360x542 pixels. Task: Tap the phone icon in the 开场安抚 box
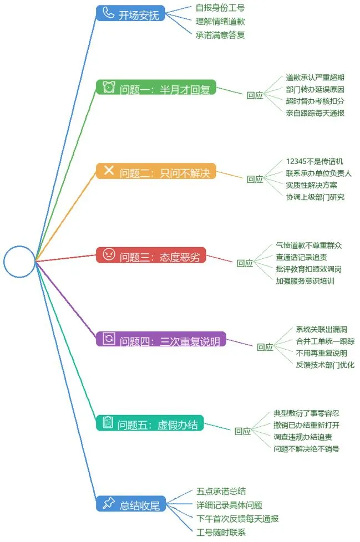pyautogui.click(x=108, y=13)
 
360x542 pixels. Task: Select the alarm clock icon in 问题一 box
pyautogui.click(x=109, y=87)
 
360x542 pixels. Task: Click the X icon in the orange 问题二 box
pyautogui.click(x=109, y=170)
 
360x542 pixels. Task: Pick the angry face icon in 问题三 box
pyautogui.click(x=109, y=254)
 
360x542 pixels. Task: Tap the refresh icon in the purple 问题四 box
pyautogui.click(x=109, y=339)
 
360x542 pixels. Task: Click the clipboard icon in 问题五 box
pyautogui.click(x=108, y=422)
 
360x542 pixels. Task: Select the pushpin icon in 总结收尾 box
pyautogui.click(x=109, y=503)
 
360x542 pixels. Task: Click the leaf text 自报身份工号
pyautogui.click(x=220, y=8)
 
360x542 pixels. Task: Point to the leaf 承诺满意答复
pyautogui.click(x=220, y=35)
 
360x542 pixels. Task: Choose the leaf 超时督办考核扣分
pyautogui.click(x=315, y=101)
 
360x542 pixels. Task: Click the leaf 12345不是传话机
pyautogui.click(x=315, y=161)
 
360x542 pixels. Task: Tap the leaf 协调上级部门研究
pyautogui.click(x=315, y=197)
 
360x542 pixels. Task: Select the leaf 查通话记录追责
pyautogui.click(x=301, y=257)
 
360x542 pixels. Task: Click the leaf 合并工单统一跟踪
pyautogui.click(x=325, y=341)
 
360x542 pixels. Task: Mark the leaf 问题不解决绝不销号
pyautogui.click(x=306, y=449)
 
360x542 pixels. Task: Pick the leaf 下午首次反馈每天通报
pyautogui.click(x=237, y=519)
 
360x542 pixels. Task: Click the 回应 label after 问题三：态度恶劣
pyautogui.click(x=245, y=263)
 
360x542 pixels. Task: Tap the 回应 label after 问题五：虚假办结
pyautogui.click(x=242, y=431)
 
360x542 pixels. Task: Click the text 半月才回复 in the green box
pyautogui.click(x=185, y=90)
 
